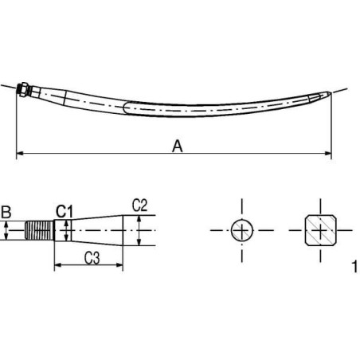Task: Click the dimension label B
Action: click(x=6, y=212)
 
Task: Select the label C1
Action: click(x=65, y=211)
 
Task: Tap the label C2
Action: click(x=139, y=204)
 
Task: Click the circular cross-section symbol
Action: click(x=241, y=231)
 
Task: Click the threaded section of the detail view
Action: click(x=40, y=231)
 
